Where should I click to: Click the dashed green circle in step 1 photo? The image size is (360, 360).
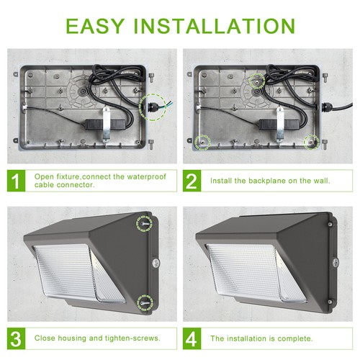click(153, 107)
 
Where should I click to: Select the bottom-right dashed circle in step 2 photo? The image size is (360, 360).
click(310, 141)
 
